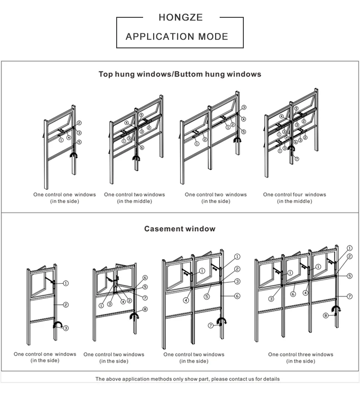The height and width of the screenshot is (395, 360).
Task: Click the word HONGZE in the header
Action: pyautogui.click(x=180, y=18)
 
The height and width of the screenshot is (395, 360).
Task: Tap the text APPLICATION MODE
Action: pyautogui.click(x=177, y=36)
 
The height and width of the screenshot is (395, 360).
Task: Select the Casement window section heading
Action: pyautogui.click(x=180, y=229)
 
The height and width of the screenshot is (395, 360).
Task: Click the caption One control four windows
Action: pyautogui.click(x=294, y=195)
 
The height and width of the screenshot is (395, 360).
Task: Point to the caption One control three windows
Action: pyautogui.click(x=300, y=354)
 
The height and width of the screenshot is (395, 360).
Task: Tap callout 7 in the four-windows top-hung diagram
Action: pyautogui.click(x=297, y=159)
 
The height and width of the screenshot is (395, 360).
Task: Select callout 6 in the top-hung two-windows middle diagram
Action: pyautogui.click(x=142, y=147)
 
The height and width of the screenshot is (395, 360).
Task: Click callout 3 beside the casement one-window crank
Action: pyautogui.click(x=66, y=328)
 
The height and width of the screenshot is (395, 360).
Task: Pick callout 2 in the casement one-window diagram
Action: pyautogui.click(x=66, y=304)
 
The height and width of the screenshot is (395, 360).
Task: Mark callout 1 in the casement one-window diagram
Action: pyautogui.click(x=66, y=283)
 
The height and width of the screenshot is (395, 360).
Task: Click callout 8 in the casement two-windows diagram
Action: pyautogui.click(x=145, y=309)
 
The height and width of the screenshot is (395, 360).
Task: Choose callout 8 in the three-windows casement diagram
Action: pyautogui.click(x=326, y=315)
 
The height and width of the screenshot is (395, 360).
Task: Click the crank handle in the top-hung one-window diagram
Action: pyautogui.click(x=73, y=156)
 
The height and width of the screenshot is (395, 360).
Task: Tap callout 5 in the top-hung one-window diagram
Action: pyautogui.click(x=79, y=142)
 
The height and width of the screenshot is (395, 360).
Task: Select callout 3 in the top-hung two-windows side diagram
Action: pyautogui.click(x=244, y=108)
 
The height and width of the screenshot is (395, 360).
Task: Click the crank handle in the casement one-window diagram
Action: pyautogui.click(x=57, y=325)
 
